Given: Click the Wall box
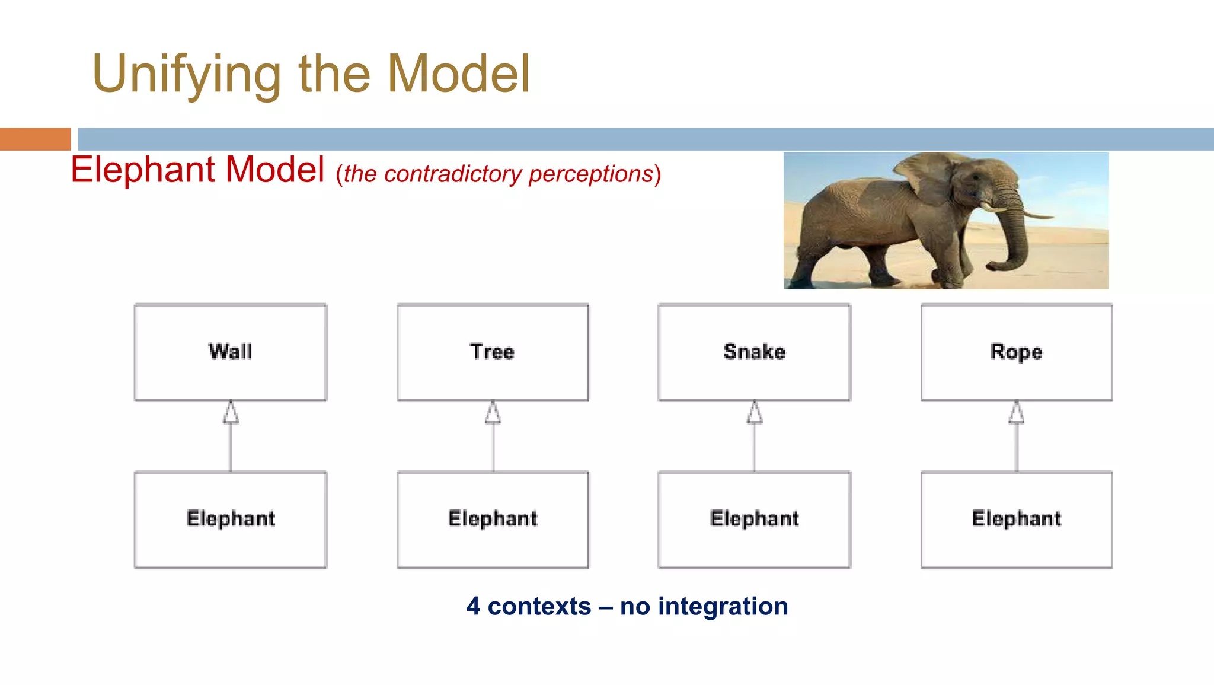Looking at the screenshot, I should tap(231, 352).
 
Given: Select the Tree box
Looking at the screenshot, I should tap(493, 352).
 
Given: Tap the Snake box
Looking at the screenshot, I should tap(754, 352).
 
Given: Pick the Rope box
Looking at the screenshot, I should tap(1016, 352).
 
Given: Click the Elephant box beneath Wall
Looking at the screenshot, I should tap(231, 520).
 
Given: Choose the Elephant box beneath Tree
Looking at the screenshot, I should tap(493, 520).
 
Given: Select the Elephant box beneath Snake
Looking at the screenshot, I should tap(754, 520).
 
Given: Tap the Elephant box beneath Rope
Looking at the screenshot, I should tap(1016, 520).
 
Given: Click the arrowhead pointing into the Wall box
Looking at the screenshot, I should tap(231, 413).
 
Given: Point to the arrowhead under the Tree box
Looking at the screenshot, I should tap(493, 413).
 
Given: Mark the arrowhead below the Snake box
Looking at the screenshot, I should tap(755, 413).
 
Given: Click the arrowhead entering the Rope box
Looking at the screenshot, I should tap(1017, 413).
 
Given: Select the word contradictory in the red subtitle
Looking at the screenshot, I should tap(453, 174).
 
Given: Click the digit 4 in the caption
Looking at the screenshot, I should tap(473, 606).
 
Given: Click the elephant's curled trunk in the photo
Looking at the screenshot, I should tap(1017, 249).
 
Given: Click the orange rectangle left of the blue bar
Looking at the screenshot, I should tap(35, 139).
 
